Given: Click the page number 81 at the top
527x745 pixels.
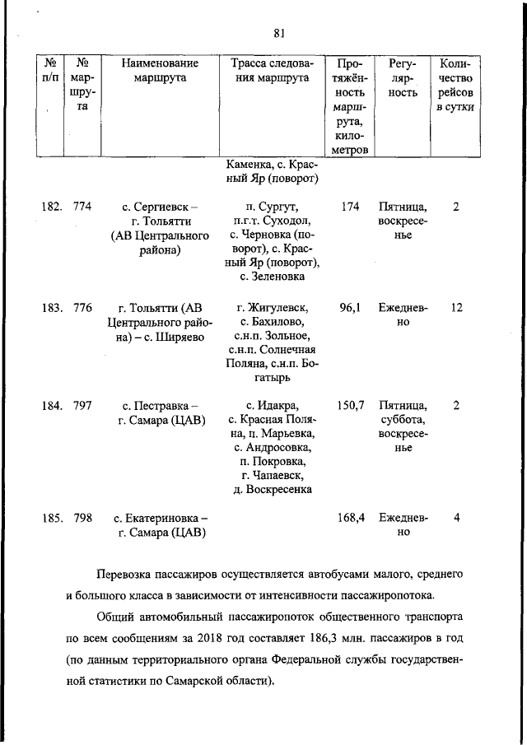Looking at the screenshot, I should [x=278, y=33].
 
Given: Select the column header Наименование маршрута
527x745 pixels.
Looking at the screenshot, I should [x=160, y=71].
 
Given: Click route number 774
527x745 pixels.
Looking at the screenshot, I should [x=82, y=207].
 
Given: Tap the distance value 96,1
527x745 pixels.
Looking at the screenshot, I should [x=350, y=307].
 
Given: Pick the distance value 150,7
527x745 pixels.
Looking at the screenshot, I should [x=350, y=404].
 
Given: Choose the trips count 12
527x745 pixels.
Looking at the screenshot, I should [x=457, y=307].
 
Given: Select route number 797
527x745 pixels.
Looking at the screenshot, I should [x=82, y=404].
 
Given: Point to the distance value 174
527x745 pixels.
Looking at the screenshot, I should [x=350, y=207].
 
